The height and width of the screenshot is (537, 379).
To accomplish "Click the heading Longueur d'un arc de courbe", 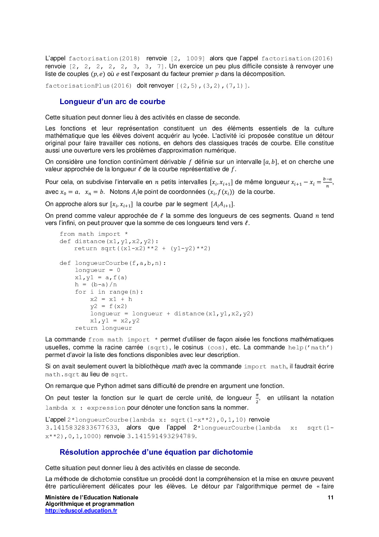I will [x=112, y=102].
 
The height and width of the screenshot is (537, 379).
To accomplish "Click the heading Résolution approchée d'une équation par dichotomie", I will [x=156, y=452].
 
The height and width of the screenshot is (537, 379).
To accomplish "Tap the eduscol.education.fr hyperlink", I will [x=81, y=510].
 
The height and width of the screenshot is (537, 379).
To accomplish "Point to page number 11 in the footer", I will [x=330, y=497].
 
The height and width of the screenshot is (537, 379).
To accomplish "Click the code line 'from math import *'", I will [x=94, y=234].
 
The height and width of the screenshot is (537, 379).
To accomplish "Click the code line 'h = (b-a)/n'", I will [x=96, y=284].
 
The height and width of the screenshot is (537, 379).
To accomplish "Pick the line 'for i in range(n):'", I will [x=109, y=292].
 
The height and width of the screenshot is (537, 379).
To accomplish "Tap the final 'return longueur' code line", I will [x=104, y=328].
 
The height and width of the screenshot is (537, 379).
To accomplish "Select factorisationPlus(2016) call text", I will [x=88, y=86].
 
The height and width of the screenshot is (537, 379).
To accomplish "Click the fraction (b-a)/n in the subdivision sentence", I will [x=327, y=182].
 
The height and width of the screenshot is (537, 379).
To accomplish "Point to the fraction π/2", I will [x=257, y=398].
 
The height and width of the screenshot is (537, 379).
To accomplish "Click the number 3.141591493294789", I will [x=161, y=436].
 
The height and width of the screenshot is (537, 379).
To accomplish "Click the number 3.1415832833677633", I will [x=82, y=428].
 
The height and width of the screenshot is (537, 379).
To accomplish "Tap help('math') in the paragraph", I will [x=310, y=347].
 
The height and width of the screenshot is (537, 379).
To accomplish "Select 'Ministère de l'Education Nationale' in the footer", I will [x=92, y=497].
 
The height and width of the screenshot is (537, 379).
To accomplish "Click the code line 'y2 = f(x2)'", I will [x=109, y=306].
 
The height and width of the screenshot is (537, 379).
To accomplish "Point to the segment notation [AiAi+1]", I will [x=223, y=205].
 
